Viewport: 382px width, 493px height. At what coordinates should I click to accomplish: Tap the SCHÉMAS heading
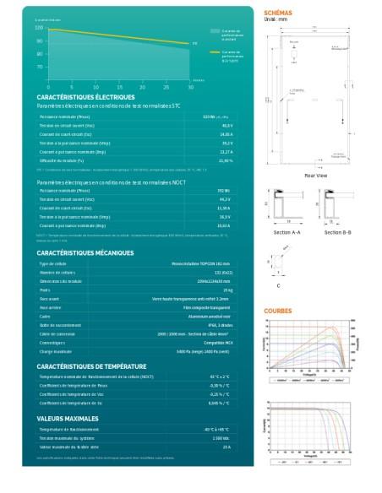point(279,14)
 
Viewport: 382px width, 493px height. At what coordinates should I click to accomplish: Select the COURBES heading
point(278,311)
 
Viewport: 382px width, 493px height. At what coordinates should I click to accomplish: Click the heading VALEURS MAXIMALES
point(68,418)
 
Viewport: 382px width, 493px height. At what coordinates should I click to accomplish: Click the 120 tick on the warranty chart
point(40,28)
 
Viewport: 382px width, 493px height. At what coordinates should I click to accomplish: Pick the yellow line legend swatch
point(215,51)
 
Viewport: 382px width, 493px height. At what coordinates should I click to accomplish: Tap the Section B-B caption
point(338,231)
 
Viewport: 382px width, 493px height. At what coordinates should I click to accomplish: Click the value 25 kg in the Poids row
point(226,289)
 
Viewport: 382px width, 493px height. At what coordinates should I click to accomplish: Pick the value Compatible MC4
point(216,343)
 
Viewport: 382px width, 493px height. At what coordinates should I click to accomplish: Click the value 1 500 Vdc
point(222,438)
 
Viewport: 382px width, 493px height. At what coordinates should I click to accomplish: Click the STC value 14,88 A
point(226,134)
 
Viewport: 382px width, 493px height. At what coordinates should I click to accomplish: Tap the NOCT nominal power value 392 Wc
point(225,191)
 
